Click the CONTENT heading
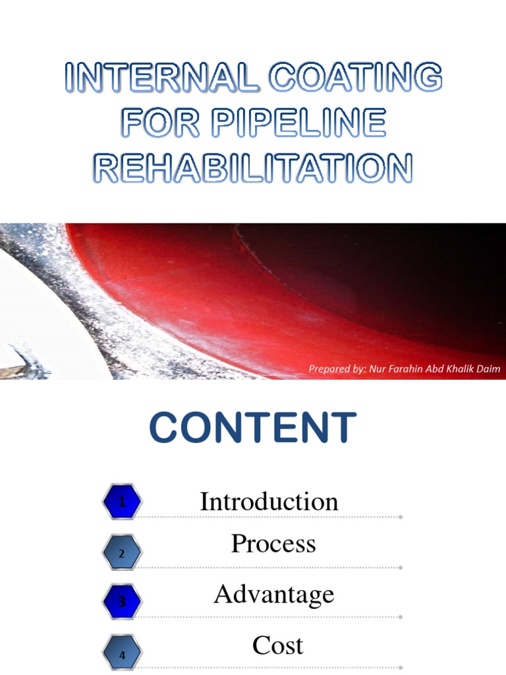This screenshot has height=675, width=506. point(253,428)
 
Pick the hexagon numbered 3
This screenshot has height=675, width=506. point(121,601)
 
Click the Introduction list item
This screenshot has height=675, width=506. point(269,502)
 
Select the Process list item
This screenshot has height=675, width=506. point(273,544)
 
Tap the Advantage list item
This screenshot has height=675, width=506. point(274,595)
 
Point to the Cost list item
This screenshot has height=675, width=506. point(277,645)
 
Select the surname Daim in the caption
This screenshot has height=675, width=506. point(488,369)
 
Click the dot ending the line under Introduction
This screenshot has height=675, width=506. point(400,517)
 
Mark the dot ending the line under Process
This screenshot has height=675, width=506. point(400,568)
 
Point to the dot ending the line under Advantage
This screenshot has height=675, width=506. point(400,618)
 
